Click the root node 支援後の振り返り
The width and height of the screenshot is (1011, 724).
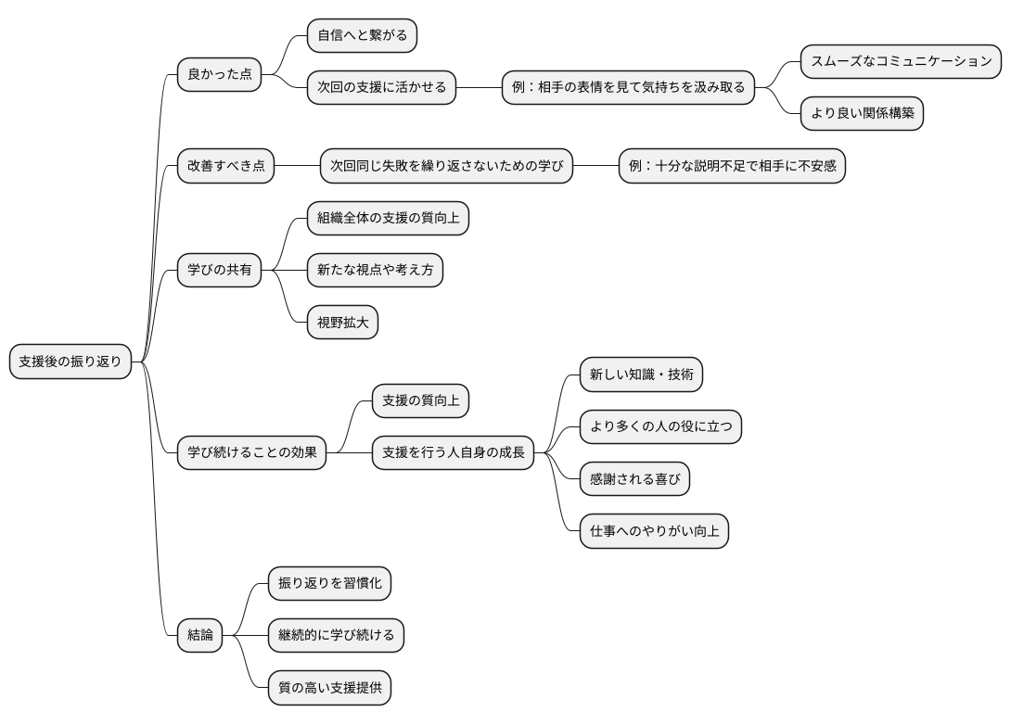pyautogui.click(x=70, y=362)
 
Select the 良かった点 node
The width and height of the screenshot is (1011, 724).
pyautogui.click(x=219, y=74)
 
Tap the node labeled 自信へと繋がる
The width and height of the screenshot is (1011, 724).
pyautogui.click(x=362, y=35)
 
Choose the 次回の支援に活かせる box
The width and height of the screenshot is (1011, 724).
pyautogui.click(x=381, y=88)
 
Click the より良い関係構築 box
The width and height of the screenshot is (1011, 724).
pyautogui.click(x=863, y=114)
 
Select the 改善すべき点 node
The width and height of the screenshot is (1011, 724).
pyautogui.click(x=226, y=167)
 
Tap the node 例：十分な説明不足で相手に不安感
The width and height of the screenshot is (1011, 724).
pyautogui.click(x=732, y=167)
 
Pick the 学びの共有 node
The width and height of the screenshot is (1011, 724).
pyautogui.click(x=219, y=271)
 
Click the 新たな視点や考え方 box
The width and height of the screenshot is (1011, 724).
pyautogui.click(x=375, y=271)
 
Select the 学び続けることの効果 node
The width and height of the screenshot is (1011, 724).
pyautogui.click(x=251, y=453)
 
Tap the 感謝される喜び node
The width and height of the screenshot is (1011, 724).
pyautogui.click(x=634, y=479)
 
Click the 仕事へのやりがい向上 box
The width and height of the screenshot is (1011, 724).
pyautogui.click(x=654, y=532)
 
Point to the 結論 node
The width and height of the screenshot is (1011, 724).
pyautogui.click(x=200, y=635)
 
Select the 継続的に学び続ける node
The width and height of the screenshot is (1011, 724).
pyautogui.click(x=336, y=635)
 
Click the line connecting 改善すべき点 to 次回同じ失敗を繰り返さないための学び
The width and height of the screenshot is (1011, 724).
pyautogui.click(x=297, y=167)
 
